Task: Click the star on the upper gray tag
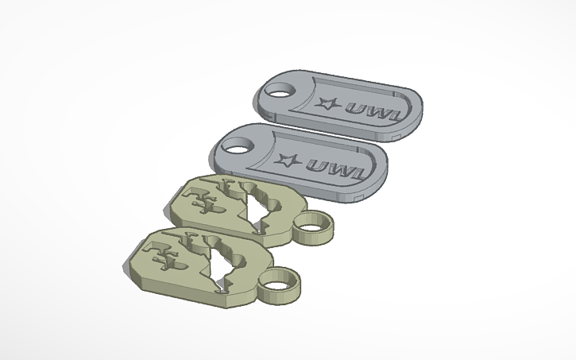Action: [x=325, y=103]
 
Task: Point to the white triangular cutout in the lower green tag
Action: [x=220, y=265]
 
